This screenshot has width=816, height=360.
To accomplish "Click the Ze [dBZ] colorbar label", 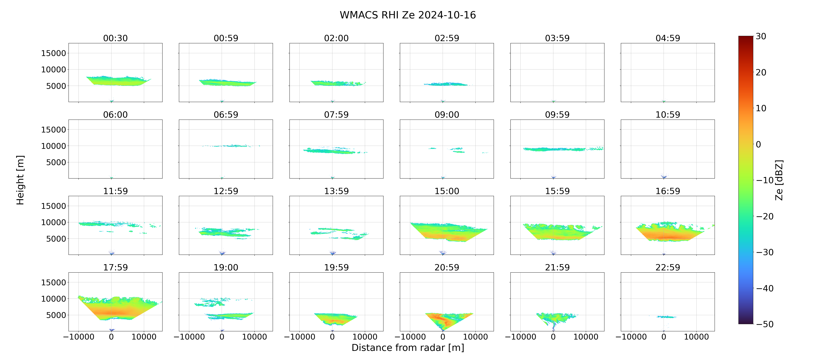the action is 779,180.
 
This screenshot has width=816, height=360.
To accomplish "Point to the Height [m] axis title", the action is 20,180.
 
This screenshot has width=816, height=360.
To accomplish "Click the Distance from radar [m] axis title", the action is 408,348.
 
